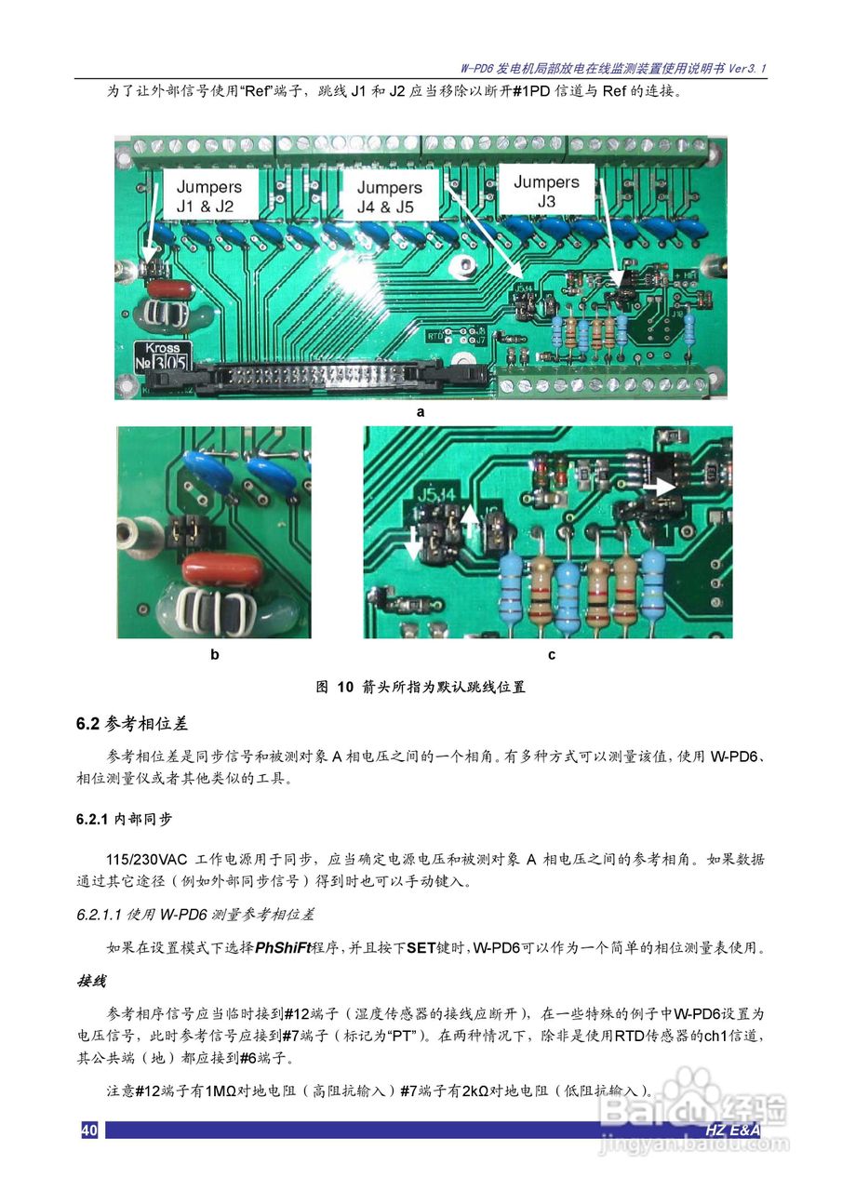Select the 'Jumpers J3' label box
pyautogui.click(x=546, y=191)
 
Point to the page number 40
pyautogui.click(x=89, y=1131)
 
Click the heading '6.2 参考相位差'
pyautogui.click(x=132, y=723)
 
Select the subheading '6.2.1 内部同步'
pyautogui.click(x=124, y=820)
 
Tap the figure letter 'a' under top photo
pyautogui.click(x=421, y=410)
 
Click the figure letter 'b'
pyautogui.click(x=214, y=654)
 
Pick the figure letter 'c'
pyautogui.click(x=551, y=654)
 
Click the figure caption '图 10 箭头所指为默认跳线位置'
pyautogui.click(x=421, y=688)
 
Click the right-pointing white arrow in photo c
pyautogui.click(x=662, y=486)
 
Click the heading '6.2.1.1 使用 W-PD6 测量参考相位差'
pyautogui.click(x=195, y=917)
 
